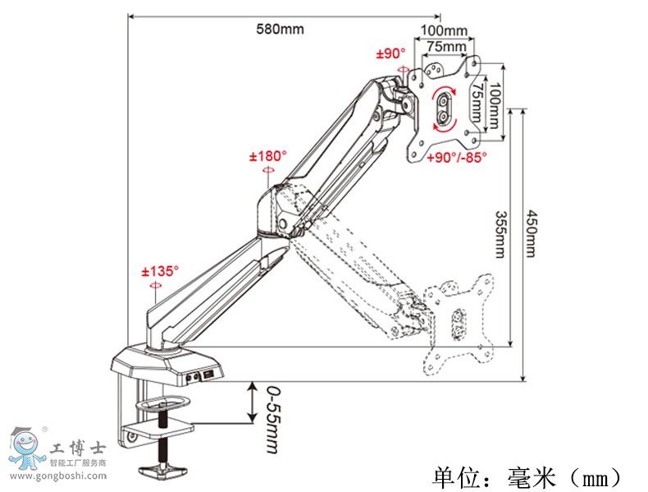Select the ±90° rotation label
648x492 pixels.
click(391, 54)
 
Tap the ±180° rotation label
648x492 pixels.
click(268, 155)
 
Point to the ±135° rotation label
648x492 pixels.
click(159, 270)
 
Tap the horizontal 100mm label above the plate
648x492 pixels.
click(444, 31)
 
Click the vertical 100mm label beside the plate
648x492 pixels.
click(493, 104)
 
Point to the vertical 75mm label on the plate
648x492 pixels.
click(477, 104)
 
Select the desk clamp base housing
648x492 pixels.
click(167, 366)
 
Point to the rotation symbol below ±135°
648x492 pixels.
click(155, 285)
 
